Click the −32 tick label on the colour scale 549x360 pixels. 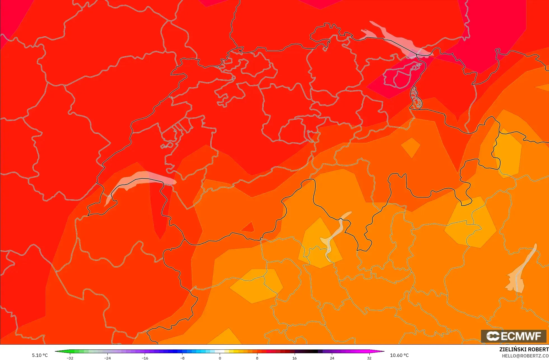pyautogui.click(x=70, y=358)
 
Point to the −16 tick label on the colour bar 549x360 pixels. pyautogui.click(x=145, y=358)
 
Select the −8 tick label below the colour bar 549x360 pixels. pyautogui.click(x=182, y=358)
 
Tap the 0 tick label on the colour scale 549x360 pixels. pyautogui.click(x=220, y=358)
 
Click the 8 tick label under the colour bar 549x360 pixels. pyautogui.click(x=257, y=358)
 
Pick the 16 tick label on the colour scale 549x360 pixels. pyautogui.click(x=294, y=358)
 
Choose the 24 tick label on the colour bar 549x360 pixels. pyautogui.click(x=332, y=358)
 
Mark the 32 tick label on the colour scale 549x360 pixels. pyautogui.click(x=369, y=358)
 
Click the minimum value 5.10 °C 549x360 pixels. pyautogui.click(x=40, y=355)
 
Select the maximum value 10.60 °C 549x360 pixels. pyautogui.click(x=399, y=355)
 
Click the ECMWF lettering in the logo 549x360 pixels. pyautogui.click(x=521, y=336)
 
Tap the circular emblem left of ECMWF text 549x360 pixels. pyautogui.click(x=492, y=336)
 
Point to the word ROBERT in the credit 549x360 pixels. pyautogui.click(x=538, y=349)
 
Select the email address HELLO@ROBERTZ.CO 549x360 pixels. pyautogui.click(x=525, y=356)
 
